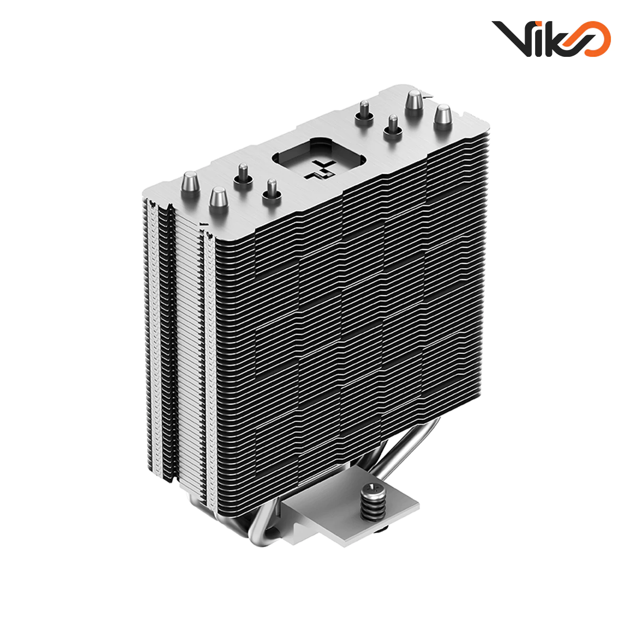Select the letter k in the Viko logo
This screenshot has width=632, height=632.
[553, 39]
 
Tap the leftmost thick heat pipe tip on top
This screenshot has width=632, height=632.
[189, 187]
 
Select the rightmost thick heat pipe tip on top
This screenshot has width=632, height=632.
[442, 116]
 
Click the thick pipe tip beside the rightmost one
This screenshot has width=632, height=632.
[414, 101]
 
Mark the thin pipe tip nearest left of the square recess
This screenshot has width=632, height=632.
[271, 190]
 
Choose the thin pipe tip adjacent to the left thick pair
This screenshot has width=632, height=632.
[243, 174]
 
